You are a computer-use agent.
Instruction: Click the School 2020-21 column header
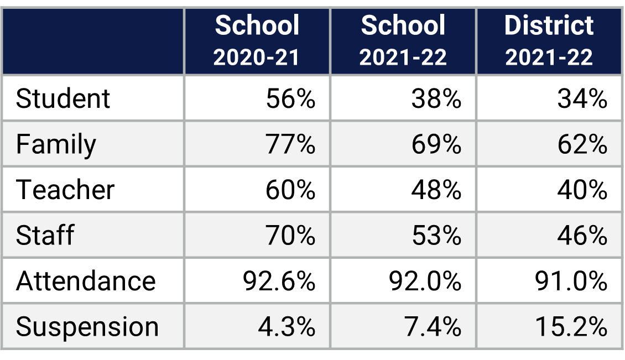click(257, 41)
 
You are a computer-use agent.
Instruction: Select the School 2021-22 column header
click(403, 41)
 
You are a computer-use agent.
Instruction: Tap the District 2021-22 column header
click(549, 41)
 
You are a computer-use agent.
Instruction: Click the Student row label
click(63, 99)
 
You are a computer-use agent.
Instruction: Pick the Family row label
click(56, 144)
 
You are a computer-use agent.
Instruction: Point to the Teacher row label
click(65, 190)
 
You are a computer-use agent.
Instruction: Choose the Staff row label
click(45, 235)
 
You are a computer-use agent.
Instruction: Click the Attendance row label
click(86, 281)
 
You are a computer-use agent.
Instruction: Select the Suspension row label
click(87, 327)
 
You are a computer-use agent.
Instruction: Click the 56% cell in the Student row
click(290, 99)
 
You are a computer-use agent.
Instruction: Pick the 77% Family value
click(290, 144)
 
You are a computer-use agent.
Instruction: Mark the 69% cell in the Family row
click(436, 144)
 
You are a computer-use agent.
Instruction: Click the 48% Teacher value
click(436, 190)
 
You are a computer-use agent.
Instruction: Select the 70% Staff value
click(290, 235)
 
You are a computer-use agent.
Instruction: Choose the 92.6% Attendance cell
click(279, 281)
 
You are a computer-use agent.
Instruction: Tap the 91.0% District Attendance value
click(571, 281)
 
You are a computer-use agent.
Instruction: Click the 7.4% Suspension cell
click(432, 327)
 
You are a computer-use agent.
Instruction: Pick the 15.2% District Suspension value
click(571, 327)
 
